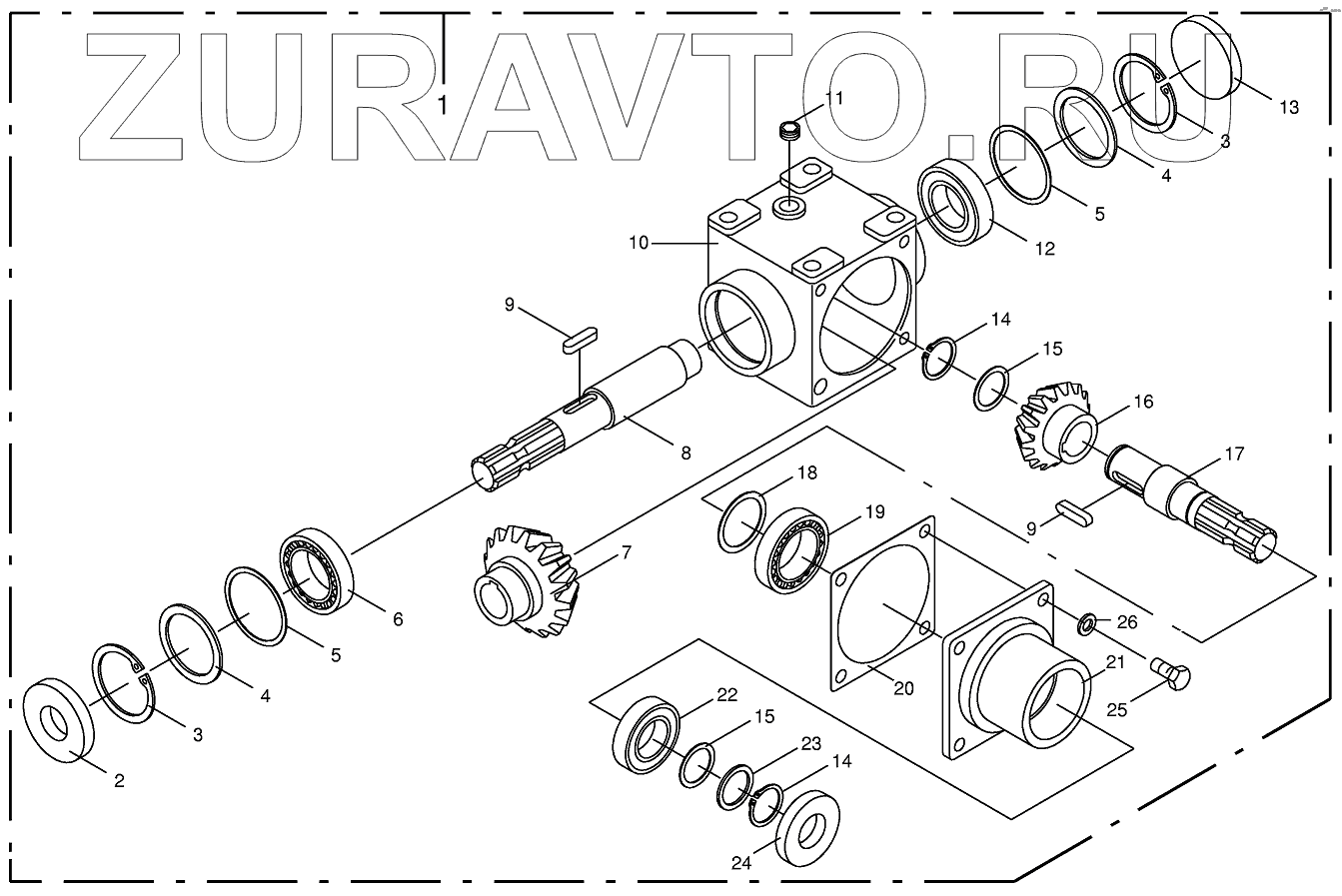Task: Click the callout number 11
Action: [x=834, y=98]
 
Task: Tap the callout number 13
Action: [x=1289, y=107]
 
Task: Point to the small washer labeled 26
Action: [x=1084, y=627]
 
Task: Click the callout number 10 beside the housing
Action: [x=639, y=243]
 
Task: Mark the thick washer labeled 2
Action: [x=58, y=721]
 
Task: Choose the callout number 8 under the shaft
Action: [x=685, y=452]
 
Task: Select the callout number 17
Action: [x=1235, y=454]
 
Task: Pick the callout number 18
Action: [x=807, y=472]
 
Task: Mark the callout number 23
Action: [x=811, y=743]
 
